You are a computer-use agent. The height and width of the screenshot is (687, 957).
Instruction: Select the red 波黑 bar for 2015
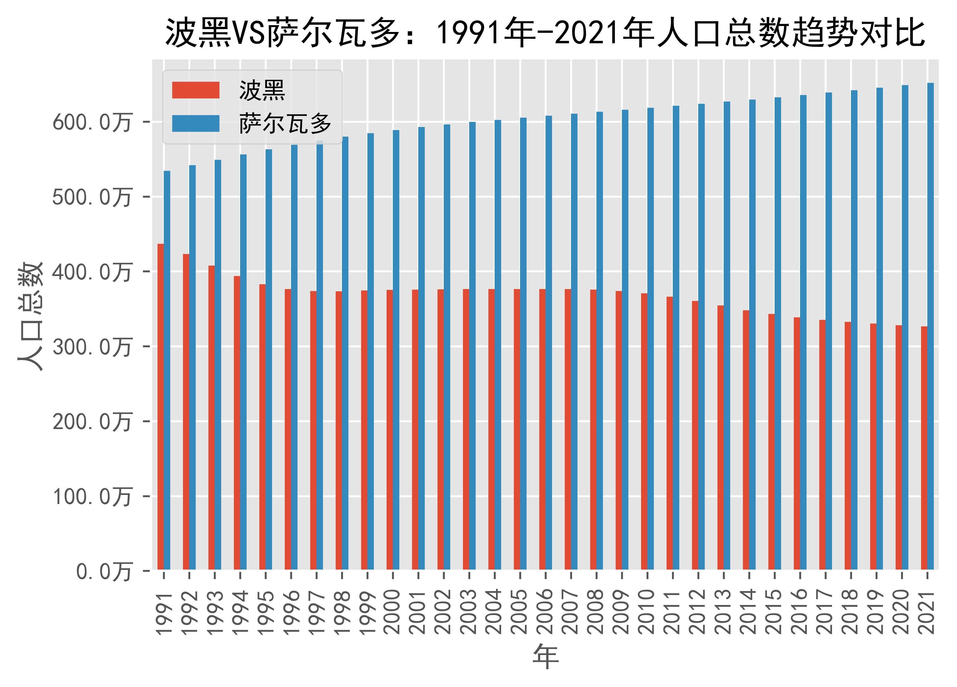pyautogui.click(x=771, y=442)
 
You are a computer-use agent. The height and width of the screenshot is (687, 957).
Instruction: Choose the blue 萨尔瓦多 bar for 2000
pyautogui.click(x=396, y=350)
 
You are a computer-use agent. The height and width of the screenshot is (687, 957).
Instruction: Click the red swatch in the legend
pyautogui.click(x=195, y=90)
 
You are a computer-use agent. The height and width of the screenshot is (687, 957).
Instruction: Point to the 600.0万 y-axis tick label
pyautogui.click(x=92, y=123)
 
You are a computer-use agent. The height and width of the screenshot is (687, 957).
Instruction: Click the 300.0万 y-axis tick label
pyautogui.click(x=92, y=348)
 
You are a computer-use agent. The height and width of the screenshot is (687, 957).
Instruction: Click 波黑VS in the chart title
pyautogui.click(x=215, y=33)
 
